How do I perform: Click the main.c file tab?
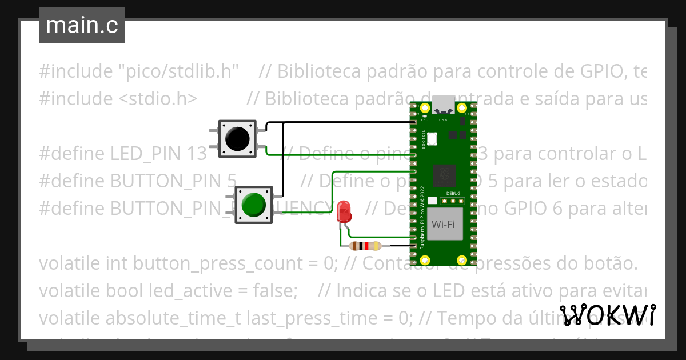(82, 25)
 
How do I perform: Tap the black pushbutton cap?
(237, 138)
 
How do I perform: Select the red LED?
(344, 211)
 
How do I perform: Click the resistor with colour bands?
(365, 246)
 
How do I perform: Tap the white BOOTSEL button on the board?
(432, 138)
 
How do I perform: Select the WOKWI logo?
(608, 315)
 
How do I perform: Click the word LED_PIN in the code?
(147, 154)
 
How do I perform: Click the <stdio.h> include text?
(158, 99)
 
